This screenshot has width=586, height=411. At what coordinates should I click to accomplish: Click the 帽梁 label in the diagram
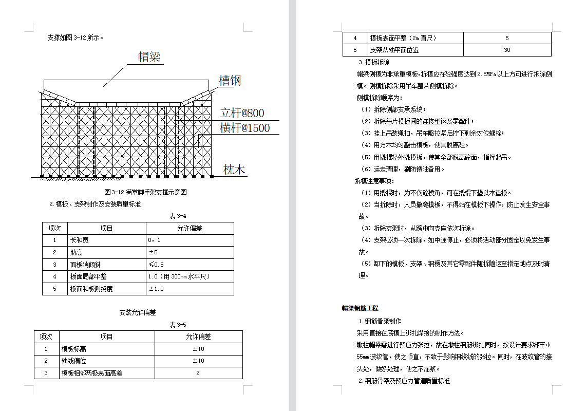pos(150,57)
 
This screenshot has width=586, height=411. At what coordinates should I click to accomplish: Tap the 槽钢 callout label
pos(230,81)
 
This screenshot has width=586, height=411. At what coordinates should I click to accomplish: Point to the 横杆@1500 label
pos(244,128)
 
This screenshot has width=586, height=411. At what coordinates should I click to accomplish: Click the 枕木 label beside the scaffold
pos(234,170)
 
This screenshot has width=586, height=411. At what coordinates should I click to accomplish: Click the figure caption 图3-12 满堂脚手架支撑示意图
pos(145,192)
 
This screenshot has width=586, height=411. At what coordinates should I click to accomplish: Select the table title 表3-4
pos(178,216)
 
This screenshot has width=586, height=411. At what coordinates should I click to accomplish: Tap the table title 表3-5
pos(178,325)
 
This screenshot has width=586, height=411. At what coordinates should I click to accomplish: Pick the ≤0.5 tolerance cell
pos(156,265)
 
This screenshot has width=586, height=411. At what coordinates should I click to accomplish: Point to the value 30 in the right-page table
pos(507,50)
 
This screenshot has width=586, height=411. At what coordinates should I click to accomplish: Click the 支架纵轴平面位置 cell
pos(394,50)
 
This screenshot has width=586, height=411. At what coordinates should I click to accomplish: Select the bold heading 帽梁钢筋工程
pos(360,308)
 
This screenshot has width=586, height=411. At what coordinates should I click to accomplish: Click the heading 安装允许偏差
pos(137,312)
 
